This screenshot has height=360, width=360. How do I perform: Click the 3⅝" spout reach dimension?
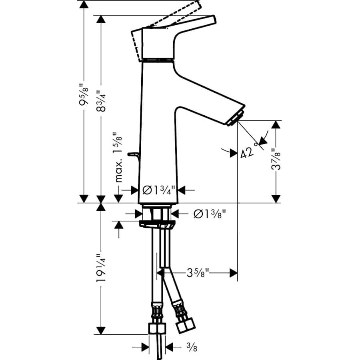(x=198, y=273)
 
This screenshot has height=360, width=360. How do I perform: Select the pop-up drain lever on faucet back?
(x=132, y=154)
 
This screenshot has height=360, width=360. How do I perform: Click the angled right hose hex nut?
(x=184, y=322)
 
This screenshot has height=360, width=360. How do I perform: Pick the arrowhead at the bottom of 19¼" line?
(x=101, y=330)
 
